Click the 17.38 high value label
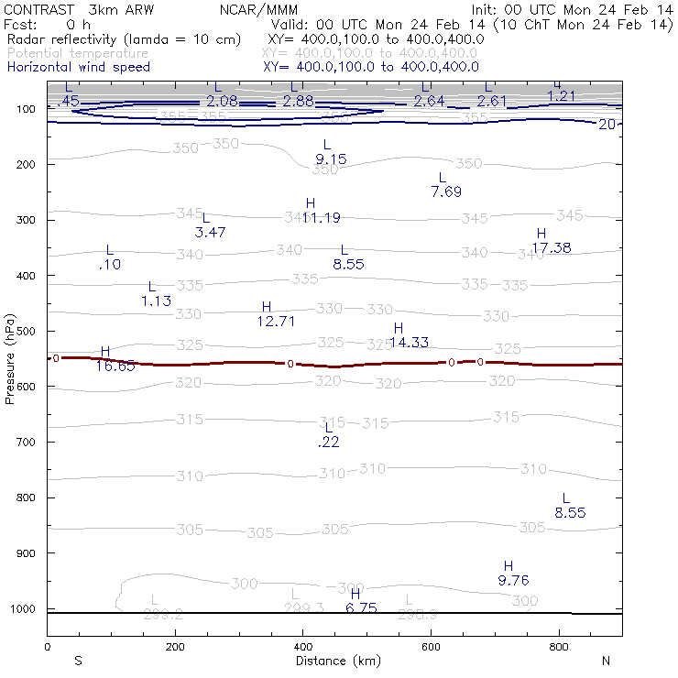pos(552,248)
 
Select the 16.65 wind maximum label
pos(115,366)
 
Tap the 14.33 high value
pos(410,343)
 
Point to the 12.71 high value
pos(277,321)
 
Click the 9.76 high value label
pos(513,581)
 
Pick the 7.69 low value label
pos(446,191)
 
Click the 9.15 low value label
pos(331,159)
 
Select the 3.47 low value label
pos(211,233)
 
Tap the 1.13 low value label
pos(156,301)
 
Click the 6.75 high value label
pos(362,607)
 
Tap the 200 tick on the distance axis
pos(174,646)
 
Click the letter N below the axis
pos(605,661)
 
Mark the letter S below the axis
pos(79,661)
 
